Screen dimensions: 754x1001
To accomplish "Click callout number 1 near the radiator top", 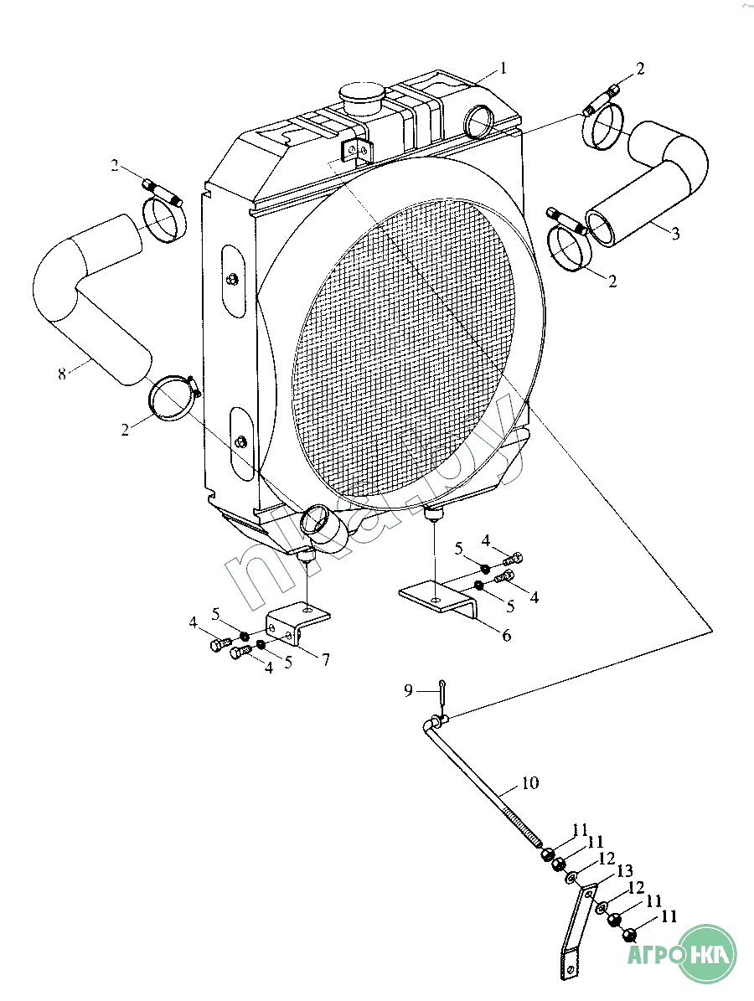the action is pos(504,68).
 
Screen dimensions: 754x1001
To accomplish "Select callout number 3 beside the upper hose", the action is pos(675,234).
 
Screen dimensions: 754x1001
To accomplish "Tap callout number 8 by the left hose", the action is pos(62,374).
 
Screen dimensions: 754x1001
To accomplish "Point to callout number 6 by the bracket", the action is pos(506,635).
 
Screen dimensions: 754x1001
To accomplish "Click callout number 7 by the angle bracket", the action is pos(326,659).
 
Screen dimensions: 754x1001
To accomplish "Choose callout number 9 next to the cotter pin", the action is pos(409,691).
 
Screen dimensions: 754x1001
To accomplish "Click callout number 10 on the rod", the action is pos(530,782).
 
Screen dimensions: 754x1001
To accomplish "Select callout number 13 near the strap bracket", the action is pos(625,871).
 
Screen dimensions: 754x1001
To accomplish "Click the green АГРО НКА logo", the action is pos(682,954).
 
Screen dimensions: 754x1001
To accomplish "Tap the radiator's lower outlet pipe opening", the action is pos(314,519).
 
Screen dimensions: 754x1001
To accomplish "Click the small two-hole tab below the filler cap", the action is pos(355,152).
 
